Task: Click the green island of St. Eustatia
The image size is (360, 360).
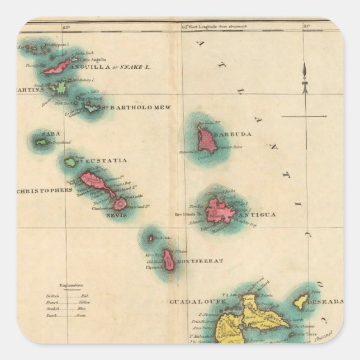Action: click(70, 163)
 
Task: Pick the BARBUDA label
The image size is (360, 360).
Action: click(236, 135)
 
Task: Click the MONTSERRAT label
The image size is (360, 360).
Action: click(200, 261)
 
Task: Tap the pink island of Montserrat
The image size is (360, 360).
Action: click(169, 259)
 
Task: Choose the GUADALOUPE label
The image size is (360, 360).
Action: click(197, 302)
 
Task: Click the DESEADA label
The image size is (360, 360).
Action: click(324, 302)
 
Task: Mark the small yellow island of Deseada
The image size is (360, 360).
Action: click(301, 302)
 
